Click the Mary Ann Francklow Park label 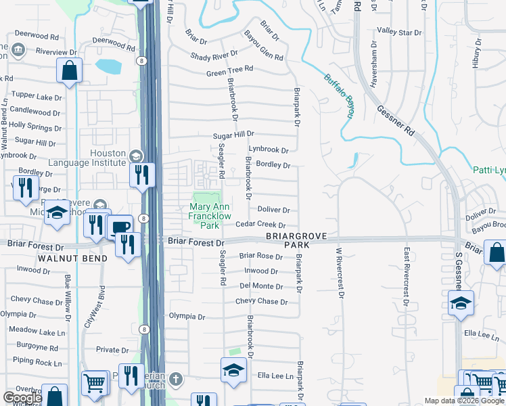[213, 216]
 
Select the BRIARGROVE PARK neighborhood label [297, 240]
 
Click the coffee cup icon [120, 227]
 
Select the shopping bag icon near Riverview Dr [69, 70]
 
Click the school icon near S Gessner [461, 302]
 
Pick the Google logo [22, 398]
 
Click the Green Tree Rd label [229, 70]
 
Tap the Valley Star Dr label [399, 32]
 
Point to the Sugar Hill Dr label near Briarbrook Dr [233, 135]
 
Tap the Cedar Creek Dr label [260, 225]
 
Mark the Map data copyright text [464, 401]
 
